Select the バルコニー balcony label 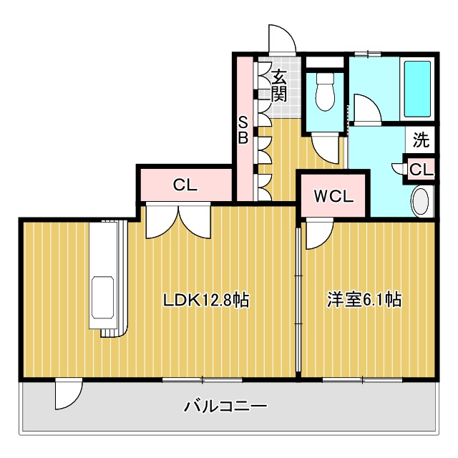tap(225, 407)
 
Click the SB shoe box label tap(243, 130)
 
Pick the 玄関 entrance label tap(279, 84)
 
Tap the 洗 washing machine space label tap(422, 140)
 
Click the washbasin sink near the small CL tap(422, 201)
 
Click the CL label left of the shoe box tap(185, 185)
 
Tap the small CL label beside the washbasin tap(422, 170)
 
